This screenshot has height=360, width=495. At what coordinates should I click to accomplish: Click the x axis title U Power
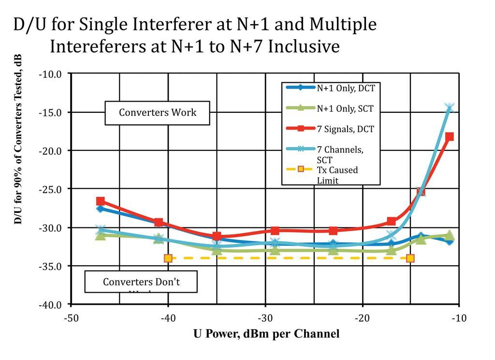(266, 334)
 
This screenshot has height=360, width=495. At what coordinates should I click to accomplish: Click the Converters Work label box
(158, 113)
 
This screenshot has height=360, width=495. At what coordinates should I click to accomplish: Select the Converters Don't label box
(141, 282)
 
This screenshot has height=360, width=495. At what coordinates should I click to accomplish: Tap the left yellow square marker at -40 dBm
(168, 258)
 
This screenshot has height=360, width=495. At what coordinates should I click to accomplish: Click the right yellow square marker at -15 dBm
(410, 258)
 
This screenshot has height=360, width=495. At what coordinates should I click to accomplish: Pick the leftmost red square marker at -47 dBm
(100, 201)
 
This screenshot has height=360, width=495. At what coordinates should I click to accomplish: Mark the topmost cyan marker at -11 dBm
(450, 107)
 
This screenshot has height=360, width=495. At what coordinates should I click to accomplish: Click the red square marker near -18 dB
(450, 136)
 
